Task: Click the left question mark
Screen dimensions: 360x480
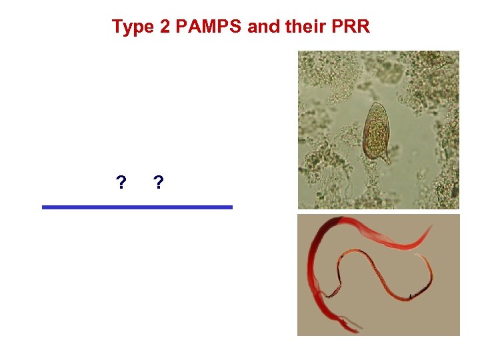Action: [x=121, y=182]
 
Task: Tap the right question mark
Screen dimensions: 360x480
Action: [x=158, y=182]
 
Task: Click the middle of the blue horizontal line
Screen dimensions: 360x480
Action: [x=137, y=207]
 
